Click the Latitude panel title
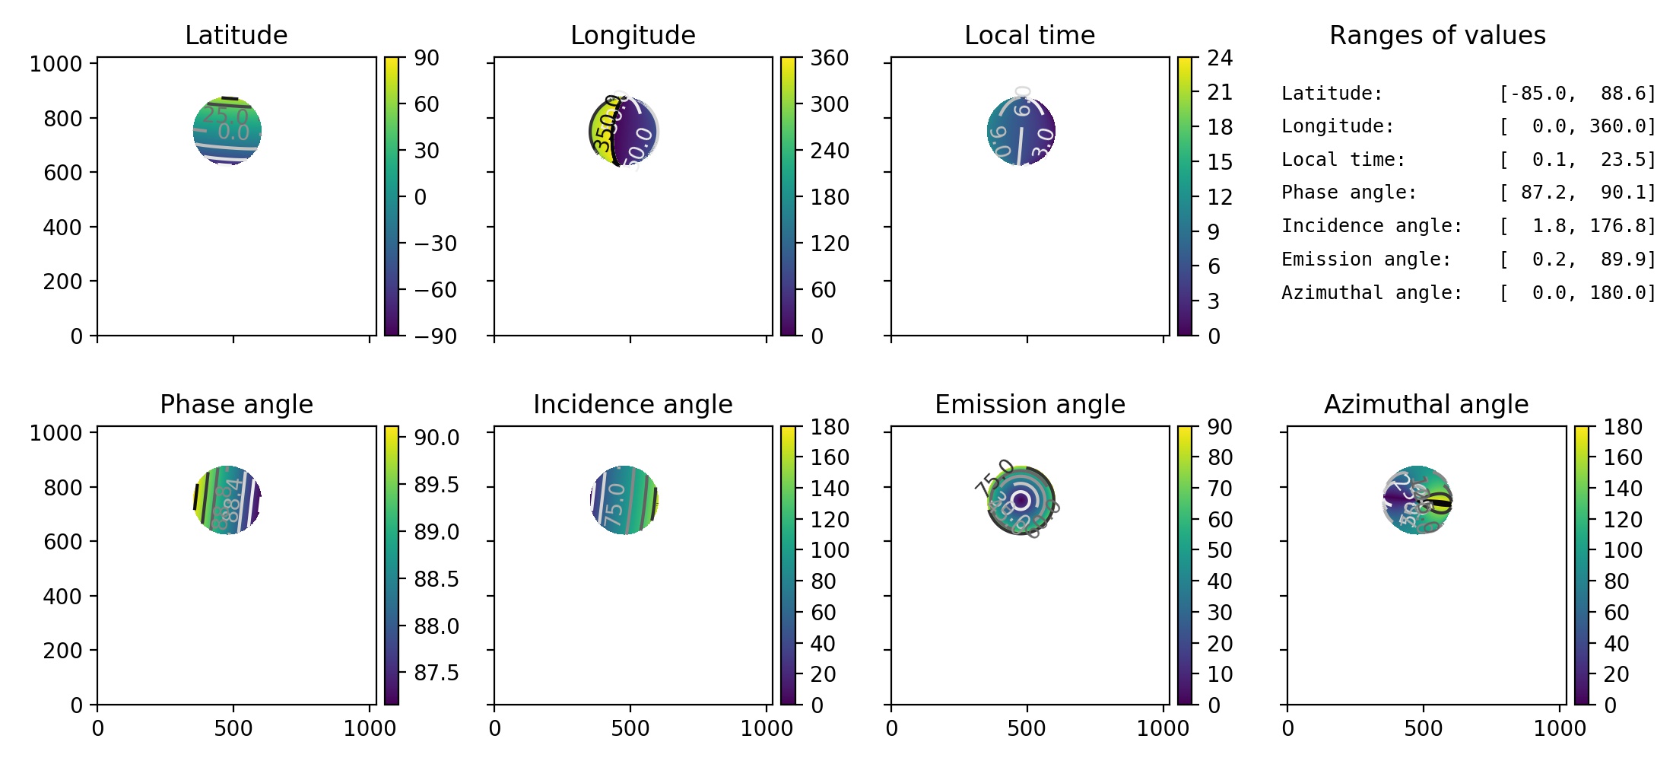coord(236,35)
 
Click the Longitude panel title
coord(633,35)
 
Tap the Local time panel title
coord(1030,35)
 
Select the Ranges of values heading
coord(1437,35)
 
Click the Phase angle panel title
coord(236,404)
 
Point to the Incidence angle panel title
coord(633,404)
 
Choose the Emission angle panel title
coord(1030,404)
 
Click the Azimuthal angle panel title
coord(1426,404)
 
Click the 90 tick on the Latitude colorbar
coord(427,58)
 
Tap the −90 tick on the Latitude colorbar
coord(435,336)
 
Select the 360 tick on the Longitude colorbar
coord(830,58)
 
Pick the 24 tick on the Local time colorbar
coord(1220,58)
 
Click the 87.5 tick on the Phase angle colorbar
coord(436,673)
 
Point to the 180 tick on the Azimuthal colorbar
coord(1623,427)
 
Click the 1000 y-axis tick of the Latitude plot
coord(55,64)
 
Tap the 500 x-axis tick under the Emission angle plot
coord(1027,728)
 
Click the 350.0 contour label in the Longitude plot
coord(607,123)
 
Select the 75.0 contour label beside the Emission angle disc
coord(994,479)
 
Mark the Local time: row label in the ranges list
coord(1343,160)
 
